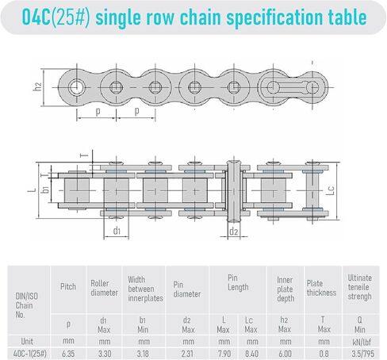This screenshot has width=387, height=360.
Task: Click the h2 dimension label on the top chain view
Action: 38,86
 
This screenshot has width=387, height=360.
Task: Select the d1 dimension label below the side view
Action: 117,231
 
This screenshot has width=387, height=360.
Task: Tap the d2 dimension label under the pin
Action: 234,232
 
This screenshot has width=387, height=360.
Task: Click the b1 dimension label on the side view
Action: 46,189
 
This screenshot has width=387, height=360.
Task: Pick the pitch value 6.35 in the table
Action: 68,354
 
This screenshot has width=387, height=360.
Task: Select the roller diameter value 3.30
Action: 105,354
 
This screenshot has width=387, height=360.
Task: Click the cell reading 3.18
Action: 143,354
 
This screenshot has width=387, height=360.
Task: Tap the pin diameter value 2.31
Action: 187,354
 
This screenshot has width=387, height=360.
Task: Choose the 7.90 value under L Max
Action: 224,354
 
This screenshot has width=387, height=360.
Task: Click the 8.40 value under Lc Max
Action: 251,354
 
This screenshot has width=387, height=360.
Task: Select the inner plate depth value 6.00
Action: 285,354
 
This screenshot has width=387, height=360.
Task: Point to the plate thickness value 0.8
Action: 324,354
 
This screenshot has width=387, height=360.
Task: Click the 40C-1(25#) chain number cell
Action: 30,354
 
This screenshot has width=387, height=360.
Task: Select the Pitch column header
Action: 68,286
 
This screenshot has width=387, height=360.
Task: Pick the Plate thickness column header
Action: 321,288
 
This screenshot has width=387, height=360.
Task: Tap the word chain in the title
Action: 201,17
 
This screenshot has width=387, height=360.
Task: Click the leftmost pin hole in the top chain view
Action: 76,87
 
